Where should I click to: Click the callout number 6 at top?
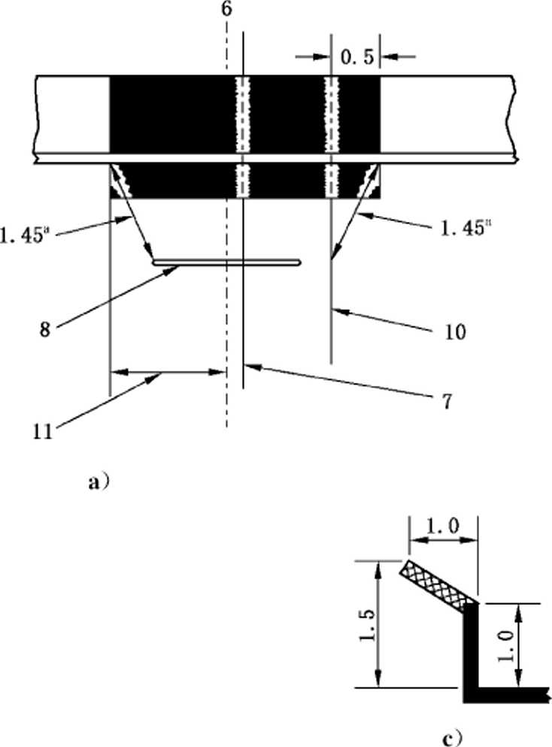[x=226, y=10]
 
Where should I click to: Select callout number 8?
[x=45, y=329]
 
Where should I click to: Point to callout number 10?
[x=455, y=332]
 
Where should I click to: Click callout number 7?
[x=446, y=402]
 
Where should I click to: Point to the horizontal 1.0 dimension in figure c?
[x=442, y=527]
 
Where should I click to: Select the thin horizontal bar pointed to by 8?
[x=226, y=263]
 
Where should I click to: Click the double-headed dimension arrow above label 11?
[x=167, y=372]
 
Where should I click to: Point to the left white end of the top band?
[x=72, y=114]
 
